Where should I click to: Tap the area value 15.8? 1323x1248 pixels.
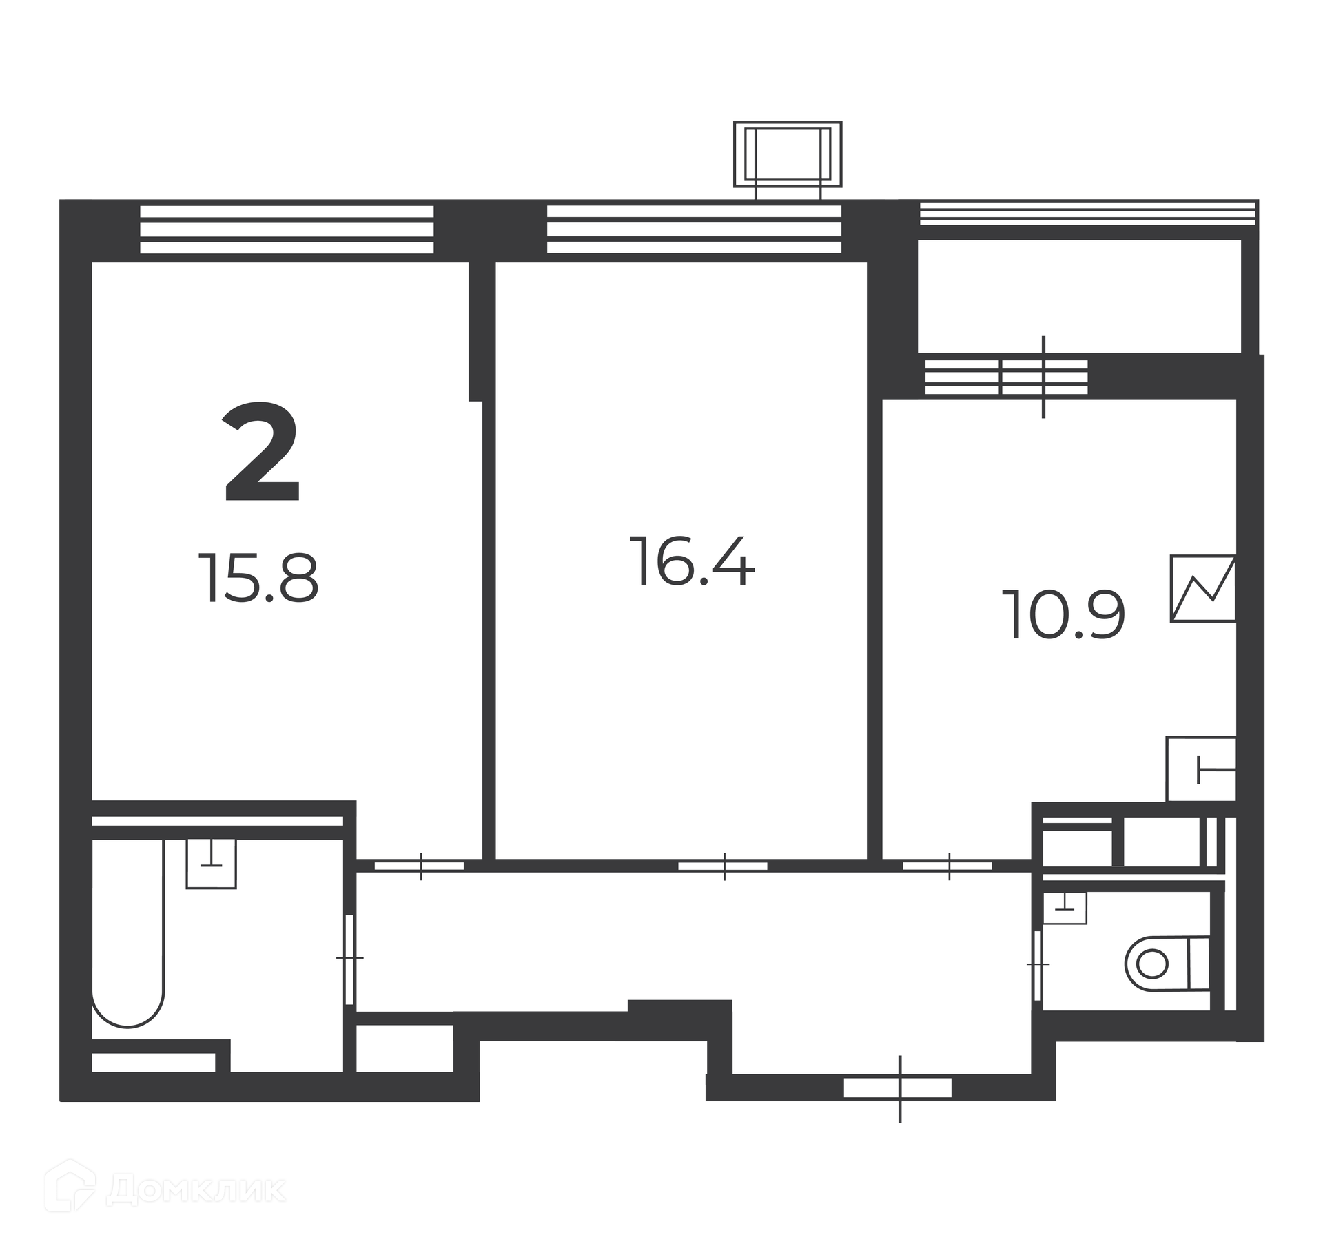[x=259, y=579]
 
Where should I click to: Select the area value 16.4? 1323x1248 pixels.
[x=693, y=561]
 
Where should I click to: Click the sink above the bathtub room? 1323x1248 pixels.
[x=212, y=863]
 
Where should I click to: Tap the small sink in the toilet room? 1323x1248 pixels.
[x=1065, y=908]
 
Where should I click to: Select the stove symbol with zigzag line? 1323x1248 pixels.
[x=1203, y=588]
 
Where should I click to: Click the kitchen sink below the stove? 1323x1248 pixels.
[x=1201, y=769]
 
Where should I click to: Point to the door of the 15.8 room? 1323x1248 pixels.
[x=420, y=866]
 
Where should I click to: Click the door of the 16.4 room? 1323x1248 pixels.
[x=723, y=866]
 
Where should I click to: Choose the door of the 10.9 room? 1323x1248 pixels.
[x=948, y=866]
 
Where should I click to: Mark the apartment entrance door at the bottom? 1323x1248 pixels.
[x=899, y=1088]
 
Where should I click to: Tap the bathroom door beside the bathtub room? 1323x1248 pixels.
[x=349, y=958]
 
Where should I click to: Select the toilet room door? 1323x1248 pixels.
[x=1038, y=964]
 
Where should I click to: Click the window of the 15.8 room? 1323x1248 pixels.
[x=287, y=229]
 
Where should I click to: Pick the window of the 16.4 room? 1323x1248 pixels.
[x=694, y=229]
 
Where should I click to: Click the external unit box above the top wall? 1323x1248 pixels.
[x=788, y=154]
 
